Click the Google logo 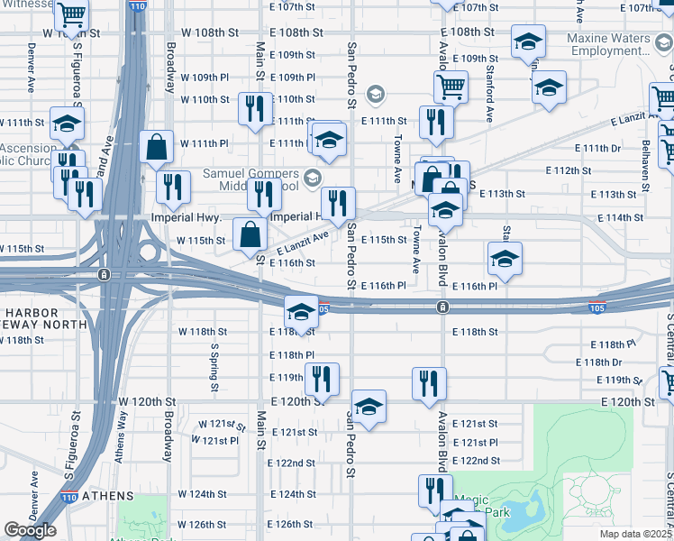pos(30,530)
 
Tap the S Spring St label pos(214,366)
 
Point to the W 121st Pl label pos(214,441)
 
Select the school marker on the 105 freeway pos(301,312)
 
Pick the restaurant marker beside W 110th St pos(254,108)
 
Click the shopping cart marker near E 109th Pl pos(450,87)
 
